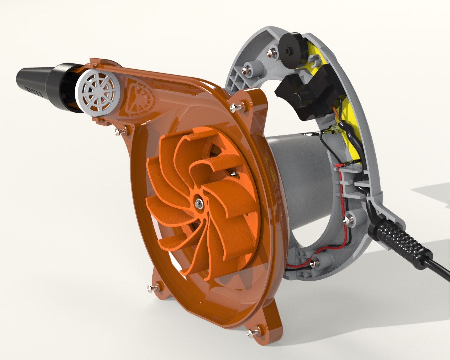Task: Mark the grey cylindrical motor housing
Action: [300, 167]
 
